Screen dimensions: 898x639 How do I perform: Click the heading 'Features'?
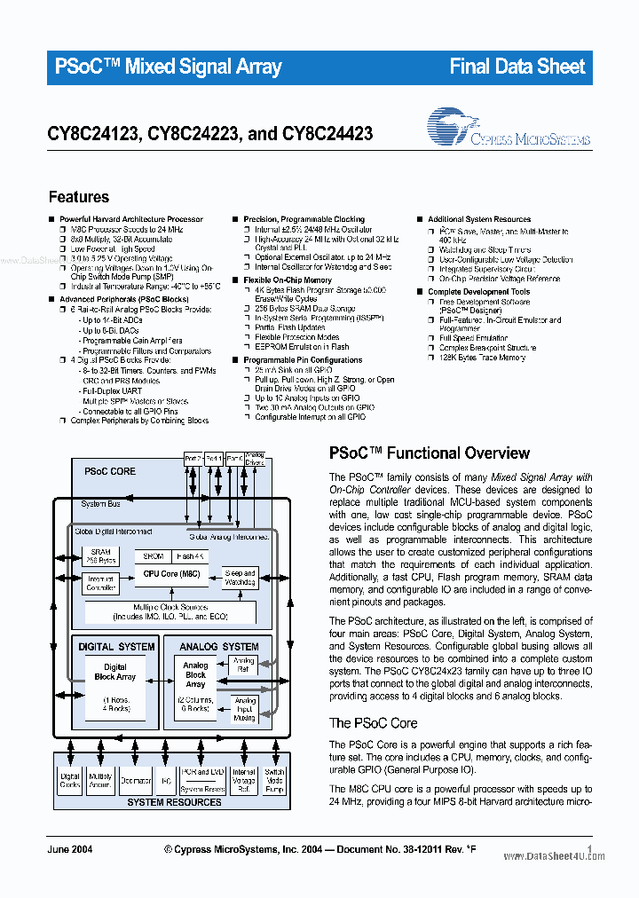click(x=79, y=197)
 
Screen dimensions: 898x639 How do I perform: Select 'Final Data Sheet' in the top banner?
click(x=517, y=67)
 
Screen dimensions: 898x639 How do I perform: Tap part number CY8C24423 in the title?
click(x=327, y=134)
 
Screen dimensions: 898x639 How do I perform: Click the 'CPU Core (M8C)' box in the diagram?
click(x=171, y=573)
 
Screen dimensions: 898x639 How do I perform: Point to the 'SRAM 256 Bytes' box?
click(x=100, y=556)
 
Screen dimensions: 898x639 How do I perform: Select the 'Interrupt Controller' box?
click(x=100, y=582)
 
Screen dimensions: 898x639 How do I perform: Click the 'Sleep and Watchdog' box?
click(x=240, y=577)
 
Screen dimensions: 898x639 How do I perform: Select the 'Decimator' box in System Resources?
click(x=135, y=781)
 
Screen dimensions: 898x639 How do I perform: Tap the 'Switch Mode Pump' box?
click(x=274, y=780)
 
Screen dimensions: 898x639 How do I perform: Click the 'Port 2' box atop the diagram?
click(x=193, y=459)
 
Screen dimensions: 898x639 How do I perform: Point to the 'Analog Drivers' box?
click(x=255, y=459)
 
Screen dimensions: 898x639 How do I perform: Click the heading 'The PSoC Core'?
click(x=373, y=723)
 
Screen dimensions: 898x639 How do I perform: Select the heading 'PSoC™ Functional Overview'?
click(x=430, y=453)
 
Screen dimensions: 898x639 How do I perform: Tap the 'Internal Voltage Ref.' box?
click(x=244, y=780)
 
